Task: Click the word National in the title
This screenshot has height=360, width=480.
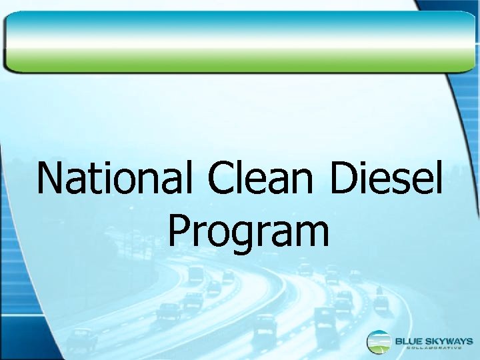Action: click(x=117, y=178)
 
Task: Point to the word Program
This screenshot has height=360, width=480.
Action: click(x=248, y=233)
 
